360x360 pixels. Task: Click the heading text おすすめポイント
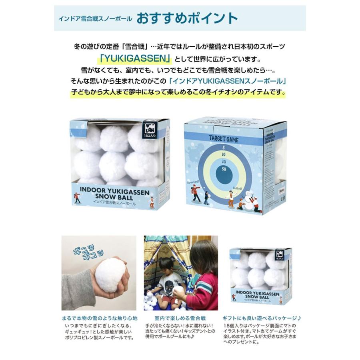(187, 18)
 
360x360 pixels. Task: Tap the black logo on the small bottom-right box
(280, 254)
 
